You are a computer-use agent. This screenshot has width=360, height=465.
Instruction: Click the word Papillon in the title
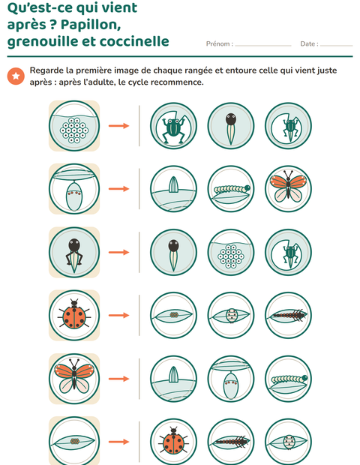coord(91,25)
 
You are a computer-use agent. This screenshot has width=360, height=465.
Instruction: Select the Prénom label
coord(220,44)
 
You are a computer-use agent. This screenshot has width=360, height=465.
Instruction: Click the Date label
coord(309,44)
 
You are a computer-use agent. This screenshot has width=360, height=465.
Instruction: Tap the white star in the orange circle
coord(16,76)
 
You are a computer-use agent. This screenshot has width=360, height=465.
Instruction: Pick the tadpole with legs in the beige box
coord(74,254)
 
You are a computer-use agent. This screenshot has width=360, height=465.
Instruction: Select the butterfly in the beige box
coord(74,379)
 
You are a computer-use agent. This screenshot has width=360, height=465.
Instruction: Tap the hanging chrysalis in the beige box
coord(74,196)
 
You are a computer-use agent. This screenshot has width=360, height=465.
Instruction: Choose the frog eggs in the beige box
coord(74,130)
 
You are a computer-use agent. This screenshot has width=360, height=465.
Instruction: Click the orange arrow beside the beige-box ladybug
coord(119,315)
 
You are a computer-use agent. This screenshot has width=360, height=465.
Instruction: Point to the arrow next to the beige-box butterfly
coord(119,379)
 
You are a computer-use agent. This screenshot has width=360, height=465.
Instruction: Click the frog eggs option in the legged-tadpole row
coord(231,256)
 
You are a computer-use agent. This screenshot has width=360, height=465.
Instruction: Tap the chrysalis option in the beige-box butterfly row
coord(231,385)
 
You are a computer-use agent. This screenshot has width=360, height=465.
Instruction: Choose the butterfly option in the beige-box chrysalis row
coord(288,187)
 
